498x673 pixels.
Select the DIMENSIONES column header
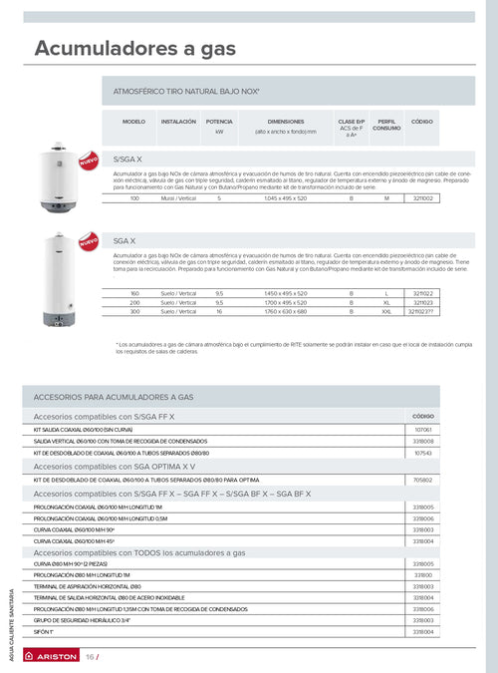pos(286,121)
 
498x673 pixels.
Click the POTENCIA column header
pos(219,121)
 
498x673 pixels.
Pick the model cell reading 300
pos(134,311)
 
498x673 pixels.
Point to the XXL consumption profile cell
pos(386,311)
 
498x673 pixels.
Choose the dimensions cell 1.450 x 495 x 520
pos(286,293)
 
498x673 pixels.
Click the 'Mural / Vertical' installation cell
pos(178,198)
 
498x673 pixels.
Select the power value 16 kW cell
pos(219,311)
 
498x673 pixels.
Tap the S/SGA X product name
pos(128,160)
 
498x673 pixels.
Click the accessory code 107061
pos(422,429)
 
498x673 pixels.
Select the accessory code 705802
pos(422,480)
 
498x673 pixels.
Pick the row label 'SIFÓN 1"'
pos(45,632)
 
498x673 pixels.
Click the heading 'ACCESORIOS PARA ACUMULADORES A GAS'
pos(114,397)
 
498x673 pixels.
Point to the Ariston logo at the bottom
pos(51,657)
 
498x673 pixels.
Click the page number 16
pos(90,657)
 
